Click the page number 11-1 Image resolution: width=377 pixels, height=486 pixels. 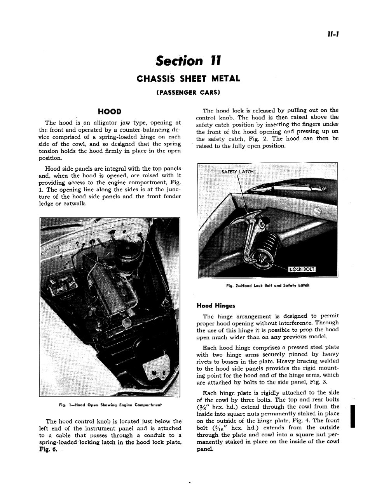[333, 34]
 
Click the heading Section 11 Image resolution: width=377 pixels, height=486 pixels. [188, 61]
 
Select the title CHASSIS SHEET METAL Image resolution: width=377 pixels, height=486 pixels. [188, 79]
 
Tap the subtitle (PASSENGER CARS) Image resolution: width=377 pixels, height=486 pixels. [188, 93]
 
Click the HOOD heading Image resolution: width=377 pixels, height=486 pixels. [110, 112]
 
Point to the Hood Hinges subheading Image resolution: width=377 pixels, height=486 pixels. [216, 306]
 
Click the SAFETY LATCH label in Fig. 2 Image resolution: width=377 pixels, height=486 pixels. [237, 172]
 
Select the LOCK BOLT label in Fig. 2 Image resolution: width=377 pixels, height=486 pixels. [302, 270]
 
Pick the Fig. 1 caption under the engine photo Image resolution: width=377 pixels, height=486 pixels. [110, 405]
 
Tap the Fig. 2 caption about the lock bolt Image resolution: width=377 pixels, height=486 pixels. [267, 286]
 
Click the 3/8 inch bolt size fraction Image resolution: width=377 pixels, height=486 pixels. [203, 407]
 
